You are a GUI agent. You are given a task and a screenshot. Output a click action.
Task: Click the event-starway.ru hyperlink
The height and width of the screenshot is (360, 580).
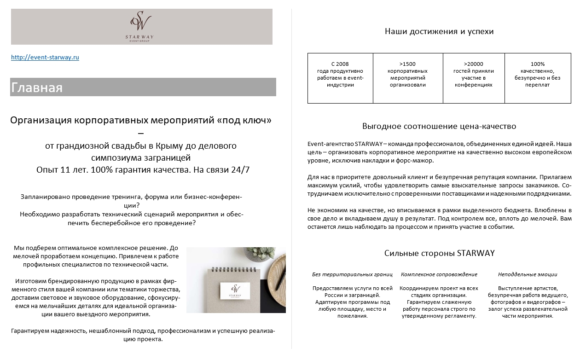(45, 58)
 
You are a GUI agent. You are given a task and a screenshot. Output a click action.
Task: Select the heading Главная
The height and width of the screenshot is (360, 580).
(37, 87)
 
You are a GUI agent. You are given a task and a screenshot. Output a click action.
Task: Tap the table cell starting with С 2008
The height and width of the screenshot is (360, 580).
(340, 78)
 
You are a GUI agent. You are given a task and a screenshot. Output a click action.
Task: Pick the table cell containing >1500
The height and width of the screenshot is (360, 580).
(407, 78)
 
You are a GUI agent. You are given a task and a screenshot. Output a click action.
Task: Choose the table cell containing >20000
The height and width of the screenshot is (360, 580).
(473, 78)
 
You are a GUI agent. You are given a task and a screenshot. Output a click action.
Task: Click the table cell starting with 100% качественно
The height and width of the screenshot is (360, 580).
(537, 78)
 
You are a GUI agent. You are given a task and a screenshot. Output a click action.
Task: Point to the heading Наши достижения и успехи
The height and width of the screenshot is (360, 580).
(439, 32)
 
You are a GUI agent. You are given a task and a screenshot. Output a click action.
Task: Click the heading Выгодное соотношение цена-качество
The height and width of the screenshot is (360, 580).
(439, 126)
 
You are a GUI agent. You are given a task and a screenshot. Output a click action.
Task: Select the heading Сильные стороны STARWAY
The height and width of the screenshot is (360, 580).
(439, 253)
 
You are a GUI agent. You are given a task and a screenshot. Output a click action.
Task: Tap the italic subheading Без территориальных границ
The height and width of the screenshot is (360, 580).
(352, 274)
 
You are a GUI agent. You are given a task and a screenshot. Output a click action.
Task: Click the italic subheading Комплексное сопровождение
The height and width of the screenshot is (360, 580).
(439, 274)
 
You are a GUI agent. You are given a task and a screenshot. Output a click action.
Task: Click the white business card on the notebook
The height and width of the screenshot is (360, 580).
(235, 290)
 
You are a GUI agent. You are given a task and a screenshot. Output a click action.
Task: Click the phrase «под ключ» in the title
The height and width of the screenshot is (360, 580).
(244, 121)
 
